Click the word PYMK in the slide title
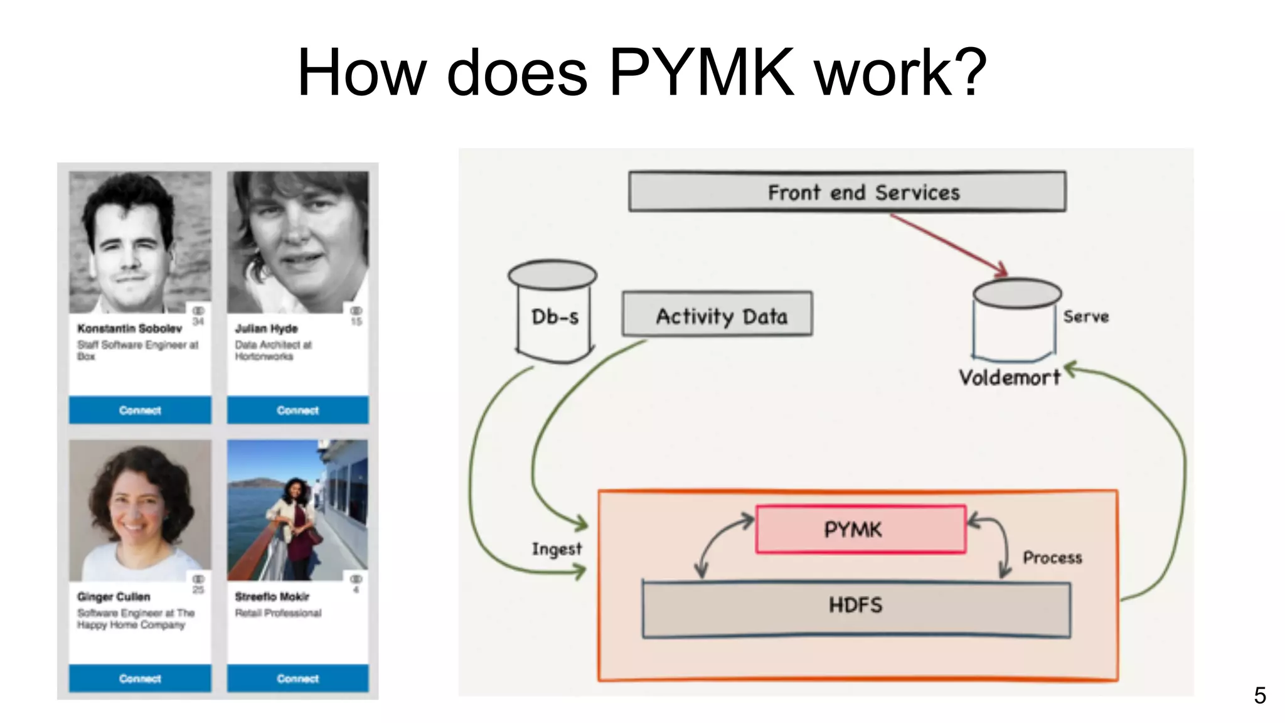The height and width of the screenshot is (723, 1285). click(701, 73)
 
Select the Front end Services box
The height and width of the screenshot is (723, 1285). click(847, 191)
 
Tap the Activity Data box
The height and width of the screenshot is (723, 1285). click(717, 314)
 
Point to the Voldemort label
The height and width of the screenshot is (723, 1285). click(1009, 377)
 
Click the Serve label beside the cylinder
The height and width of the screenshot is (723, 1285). click(1085, 316)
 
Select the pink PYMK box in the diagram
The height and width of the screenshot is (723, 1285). click(860, 529)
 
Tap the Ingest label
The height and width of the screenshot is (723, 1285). click(557, 549)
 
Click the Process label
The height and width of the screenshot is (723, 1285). click(1052, 557)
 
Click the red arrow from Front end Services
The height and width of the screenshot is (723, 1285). click(947, 244)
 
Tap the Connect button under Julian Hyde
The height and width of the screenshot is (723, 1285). click(297, 410)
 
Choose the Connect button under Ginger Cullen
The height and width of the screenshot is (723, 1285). click(140, 678)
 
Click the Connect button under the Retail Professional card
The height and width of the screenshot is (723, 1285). click(297, 678)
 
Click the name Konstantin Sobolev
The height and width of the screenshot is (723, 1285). click(129, 328)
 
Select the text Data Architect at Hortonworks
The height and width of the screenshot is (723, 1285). click(273, 350)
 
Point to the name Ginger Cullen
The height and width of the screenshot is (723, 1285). click(114, 596)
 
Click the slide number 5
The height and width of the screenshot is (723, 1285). click(1259, 695)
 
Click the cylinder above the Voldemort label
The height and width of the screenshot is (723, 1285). click(1015, 320)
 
